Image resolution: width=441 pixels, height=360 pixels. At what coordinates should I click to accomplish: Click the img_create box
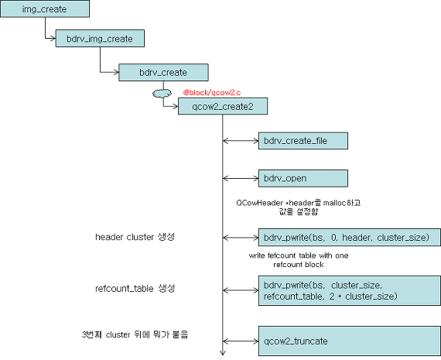click(x=45, y=9)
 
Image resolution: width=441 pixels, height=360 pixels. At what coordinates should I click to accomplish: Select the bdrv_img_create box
click(x=100, y=38)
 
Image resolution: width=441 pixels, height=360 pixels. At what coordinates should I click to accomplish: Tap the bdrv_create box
click(x=163, y=72)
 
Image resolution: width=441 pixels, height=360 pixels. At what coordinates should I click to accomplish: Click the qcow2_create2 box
click(x=223, y=106)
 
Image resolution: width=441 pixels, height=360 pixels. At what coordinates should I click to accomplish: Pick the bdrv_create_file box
click(x=303, y=140)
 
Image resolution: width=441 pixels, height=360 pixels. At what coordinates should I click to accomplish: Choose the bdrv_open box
click(x=303, y=178)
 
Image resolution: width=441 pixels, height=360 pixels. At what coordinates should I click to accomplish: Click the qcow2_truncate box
click(x=350, y=341)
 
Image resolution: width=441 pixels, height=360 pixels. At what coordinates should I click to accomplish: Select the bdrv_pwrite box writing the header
click(x=350, y=237)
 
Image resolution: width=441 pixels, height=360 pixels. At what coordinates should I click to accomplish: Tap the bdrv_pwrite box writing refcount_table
click(x=350, y=290)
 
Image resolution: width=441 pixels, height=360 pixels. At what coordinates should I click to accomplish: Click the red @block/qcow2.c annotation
click(x=212, y=92)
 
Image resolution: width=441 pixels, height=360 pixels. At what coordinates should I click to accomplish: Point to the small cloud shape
click(x=162, y=93)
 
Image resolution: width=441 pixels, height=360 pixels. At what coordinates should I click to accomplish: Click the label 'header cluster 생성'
click(x=135, y=237)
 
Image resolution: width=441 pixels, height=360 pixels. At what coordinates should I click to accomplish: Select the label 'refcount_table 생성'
click(x=135, y=288)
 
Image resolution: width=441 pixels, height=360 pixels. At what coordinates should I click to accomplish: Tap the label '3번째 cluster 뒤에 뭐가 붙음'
click(x=135, y=334)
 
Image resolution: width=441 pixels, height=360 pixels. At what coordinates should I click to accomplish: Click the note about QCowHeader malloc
click(x=299, y=207)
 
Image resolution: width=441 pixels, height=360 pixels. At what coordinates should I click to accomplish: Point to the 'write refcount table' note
click(x=299, y=260)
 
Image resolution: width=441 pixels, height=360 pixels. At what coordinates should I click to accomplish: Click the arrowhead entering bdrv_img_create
click(x=53, y=38)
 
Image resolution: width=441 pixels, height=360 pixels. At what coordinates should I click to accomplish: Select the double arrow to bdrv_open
click(x=241, y=178)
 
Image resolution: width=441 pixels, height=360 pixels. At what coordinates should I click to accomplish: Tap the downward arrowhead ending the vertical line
click(x=223, y=353)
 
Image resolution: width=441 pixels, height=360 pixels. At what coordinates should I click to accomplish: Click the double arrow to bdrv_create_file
click(x=241, y=141)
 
